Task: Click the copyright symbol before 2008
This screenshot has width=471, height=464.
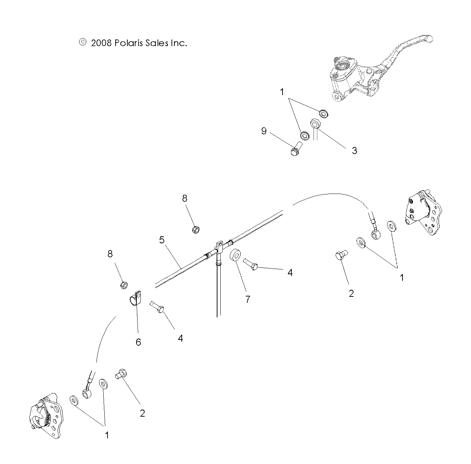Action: click(x=82, y=42)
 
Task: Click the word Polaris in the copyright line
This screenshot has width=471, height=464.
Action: click(x=126, y=43)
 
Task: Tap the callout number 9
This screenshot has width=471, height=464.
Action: click(x=264, y=131)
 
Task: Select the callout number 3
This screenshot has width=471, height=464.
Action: click(x=354, y=151)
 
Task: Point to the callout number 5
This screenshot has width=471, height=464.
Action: click(x=162, y=240)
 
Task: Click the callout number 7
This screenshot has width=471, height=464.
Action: click(x=248, y=300)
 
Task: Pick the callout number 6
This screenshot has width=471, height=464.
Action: click(x=138, y=342)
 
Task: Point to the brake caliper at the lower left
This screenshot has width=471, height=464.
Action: click(x=46, y=416)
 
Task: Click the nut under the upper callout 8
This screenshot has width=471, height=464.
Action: click(x=196, y=230)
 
